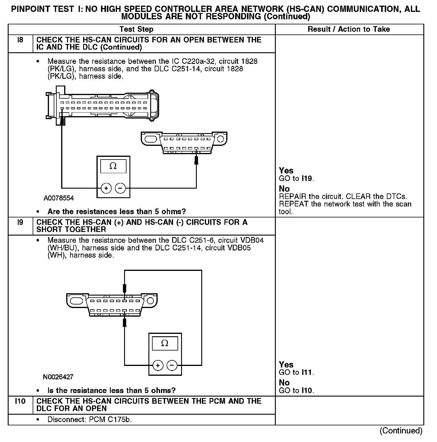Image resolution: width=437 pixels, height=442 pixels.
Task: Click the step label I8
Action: [20, 40]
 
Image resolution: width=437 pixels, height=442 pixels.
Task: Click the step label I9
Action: [20, 222]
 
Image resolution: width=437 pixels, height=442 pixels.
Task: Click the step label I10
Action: [20, 401]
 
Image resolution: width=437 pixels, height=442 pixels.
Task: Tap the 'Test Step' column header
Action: [136, 29]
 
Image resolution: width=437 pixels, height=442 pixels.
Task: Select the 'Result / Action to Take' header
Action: [349, 29]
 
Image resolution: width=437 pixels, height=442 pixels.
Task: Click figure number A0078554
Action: [59, 198]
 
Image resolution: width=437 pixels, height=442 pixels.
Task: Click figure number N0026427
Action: [58, 377]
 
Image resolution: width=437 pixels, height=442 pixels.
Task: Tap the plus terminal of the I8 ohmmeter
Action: [106, 188]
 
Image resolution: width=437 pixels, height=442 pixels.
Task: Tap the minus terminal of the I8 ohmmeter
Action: [120, 188]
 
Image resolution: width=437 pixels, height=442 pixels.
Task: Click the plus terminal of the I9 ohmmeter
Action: [158, 365]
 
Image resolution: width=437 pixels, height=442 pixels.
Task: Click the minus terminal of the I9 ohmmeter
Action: [172, 365]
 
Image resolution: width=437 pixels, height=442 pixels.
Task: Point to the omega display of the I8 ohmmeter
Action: [113, 166]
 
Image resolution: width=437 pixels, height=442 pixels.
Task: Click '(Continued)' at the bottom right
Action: [401, 430]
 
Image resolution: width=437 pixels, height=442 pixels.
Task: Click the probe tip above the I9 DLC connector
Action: [125, 288]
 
